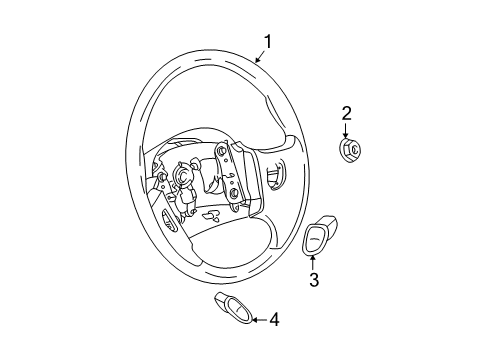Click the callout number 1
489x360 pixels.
[x=268, y=41]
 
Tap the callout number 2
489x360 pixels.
[x=347, y=112]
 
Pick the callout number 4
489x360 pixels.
[x=274, y=320]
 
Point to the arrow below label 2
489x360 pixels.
[x=347, y=129]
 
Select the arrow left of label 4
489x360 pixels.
[x=255, y=320]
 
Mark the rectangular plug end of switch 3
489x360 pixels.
[x=328, y=221]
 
